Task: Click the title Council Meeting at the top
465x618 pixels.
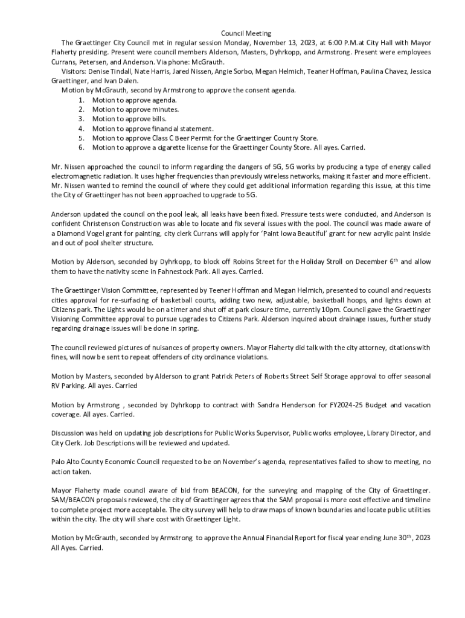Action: [x=246, y=33]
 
